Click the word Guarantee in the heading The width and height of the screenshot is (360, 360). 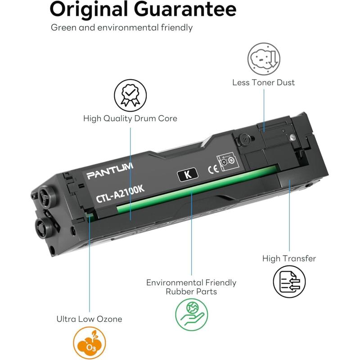click(185, 9)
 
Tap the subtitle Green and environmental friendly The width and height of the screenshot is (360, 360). click(121, 27)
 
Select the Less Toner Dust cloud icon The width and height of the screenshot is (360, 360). click(264, 59)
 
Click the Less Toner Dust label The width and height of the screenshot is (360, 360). click(263, 82)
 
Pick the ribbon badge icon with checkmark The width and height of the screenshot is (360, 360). click(130, 95)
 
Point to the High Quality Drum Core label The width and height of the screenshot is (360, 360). click(130, 118)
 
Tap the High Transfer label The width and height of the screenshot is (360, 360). click(289, 258)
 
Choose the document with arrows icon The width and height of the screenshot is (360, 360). click(289, 282)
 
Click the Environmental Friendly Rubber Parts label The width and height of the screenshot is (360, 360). click(191, 287)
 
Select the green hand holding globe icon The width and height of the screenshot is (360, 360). click(192, 315)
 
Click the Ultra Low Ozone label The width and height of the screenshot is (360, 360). click(89, 319)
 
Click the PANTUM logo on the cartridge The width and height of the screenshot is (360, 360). click(110, 171)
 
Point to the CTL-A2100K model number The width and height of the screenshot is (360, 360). click(120, 194)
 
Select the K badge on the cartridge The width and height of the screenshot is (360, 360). click(188, 174)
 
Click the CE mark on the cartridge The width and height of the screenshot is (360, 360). click(213, 169)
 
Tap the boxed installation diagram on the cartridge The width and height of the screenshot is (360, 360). click(227, 162)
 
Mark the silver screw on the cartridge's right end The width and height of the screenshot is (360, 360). click(292, 138)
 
